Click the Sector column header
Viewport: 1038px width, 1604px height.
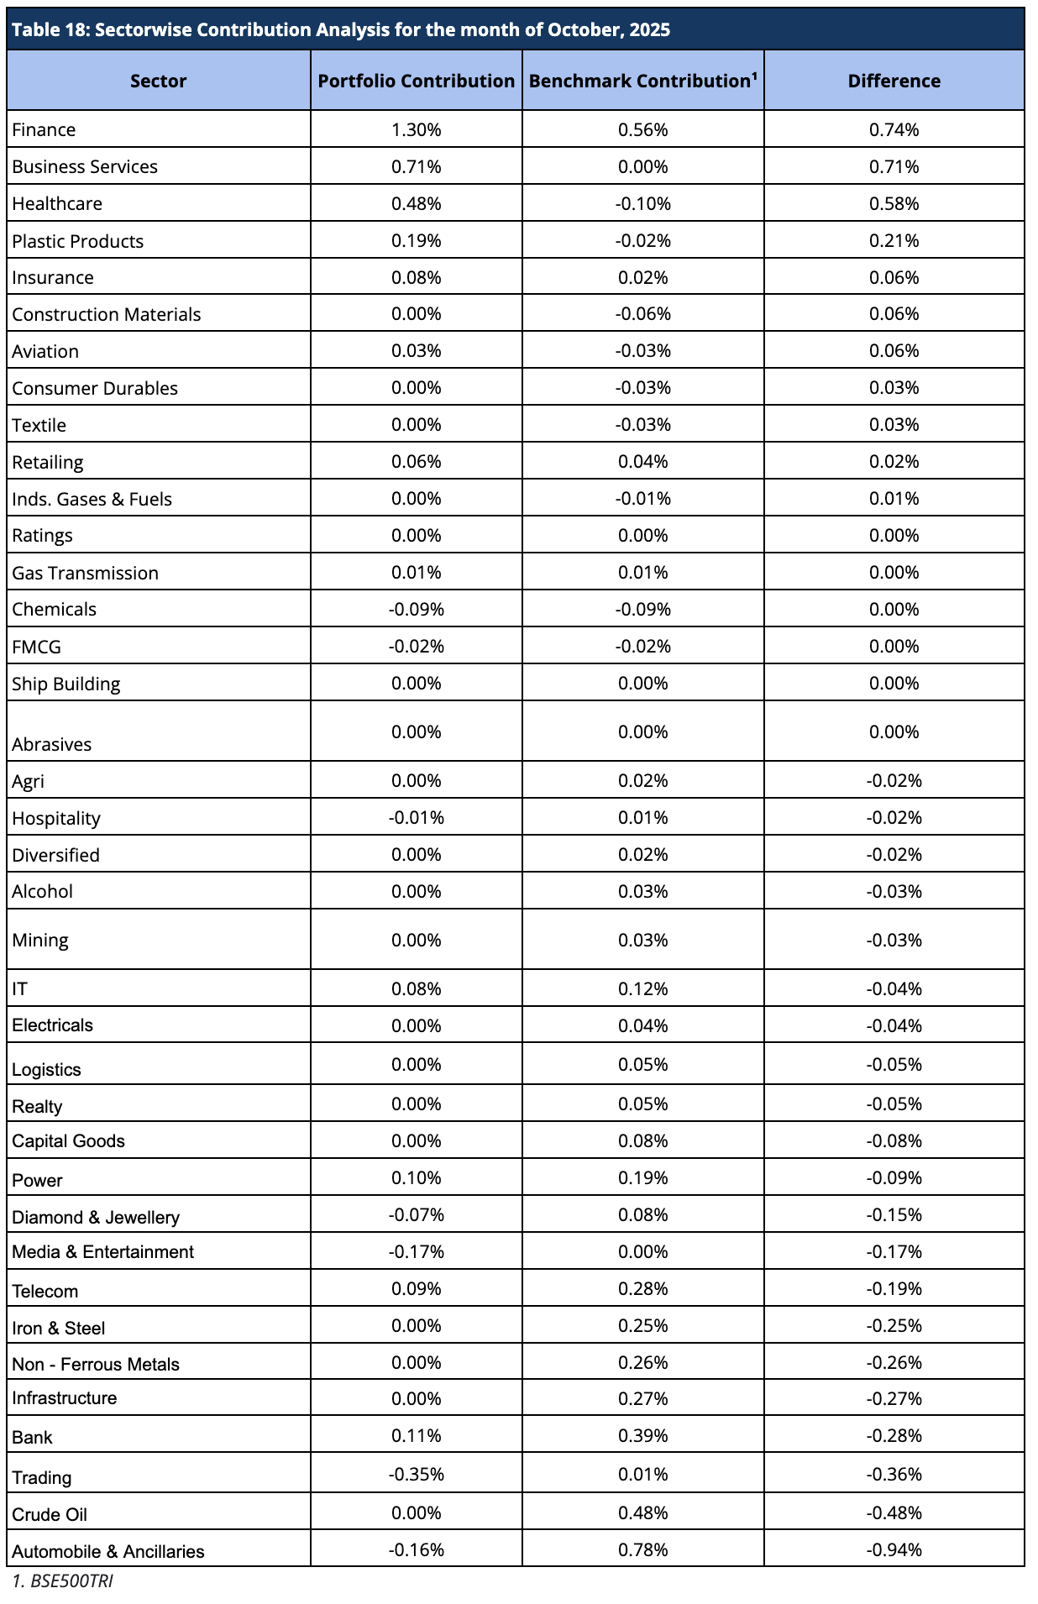[158, 81]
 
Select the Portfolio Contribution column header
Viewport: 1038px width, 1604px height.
[416, 81]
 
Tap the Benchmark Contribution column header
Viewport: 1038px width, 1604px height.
[642, 81]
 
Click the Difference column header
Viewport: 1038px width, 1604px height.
[894, 81]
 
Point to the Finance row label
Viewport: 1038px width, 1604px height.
[44, 129]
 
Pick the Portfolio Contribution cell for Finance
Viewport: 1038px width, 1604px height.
[416, 129]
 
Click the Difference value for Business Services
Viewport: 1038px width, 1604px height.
[894, 166]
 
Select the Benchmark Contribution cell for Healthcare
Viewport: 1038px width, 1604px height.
[642, 203]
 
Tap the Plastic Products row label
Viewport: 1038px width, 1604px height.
[77, 241]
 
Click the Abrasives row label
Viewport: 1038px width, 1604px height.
[51, 744]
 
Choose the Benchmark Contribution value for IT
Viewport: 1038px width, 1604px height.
[642, 988]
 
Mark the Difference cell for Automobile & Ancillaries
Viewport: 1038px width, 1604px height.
[894, 1549]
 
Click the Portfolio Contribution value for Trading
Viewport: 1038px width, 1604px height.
[416, 1474]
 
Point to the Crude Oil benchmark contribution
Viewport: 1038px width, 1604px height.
[642, 1512]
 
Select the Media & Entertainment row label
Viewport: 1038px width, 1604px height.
[102, 1251]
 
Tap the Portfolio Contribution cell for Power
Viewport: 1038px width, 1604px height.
[416, 1177]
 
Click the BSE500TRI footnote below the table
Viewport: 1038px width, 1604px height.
[63, 1581]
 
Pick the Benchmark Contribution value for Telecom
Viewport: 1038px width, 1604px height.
[642, 1288]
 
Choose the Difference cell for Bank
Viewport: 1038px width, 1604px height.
[894, 1435]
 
